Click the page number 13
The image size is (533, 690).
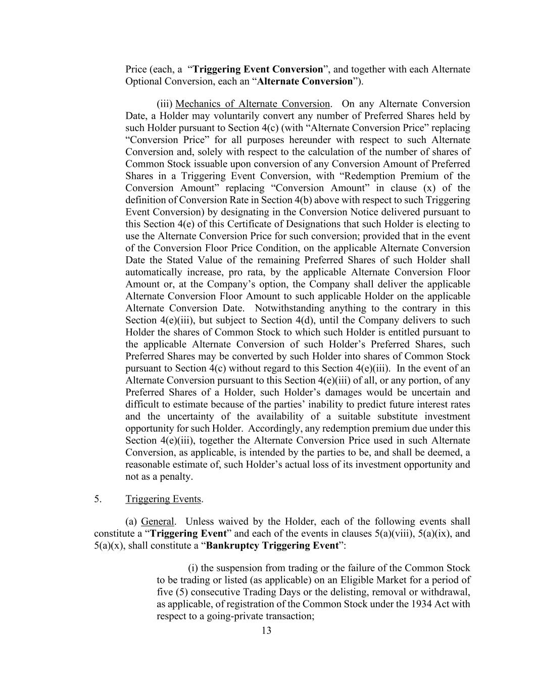[x=266, y=630]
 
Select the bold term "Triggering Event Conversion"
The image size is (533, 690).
[x=258, y=69]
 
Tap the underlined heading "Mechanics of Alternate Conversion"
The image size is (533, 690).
[x=252, y=104]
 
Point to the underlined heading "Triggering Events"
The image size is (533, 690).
[x=163, y=499]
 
